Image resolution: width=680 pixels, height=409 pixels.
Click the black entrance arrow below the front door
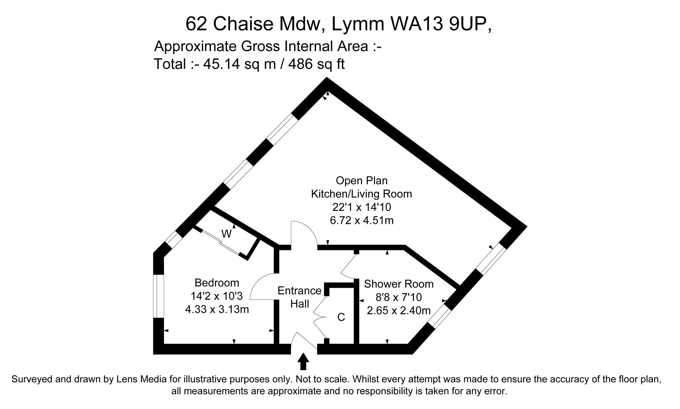303,361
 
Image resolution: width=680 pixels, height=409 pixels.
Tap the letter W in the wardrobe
226,234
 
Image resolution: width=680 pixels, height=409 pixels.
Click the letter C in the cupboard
341,317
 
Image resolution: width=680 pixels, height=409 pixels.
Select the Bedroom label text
217,283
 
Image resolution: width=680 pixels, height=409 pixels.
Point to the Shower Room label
399,284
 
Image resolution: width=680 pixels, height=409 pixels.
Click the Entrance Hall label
299,297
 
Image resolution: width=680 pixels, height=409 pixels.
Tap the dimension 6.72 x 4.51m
361,220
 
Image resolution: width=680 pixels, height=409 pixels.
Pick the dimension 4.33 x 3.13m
217,309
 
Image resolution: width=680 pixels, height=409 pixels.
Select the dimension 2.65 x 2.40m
399,311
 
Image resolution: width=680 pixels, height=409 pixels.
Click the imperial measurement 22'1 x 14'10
361,207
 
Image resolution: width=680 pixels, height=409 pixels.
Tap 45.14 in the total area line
221,64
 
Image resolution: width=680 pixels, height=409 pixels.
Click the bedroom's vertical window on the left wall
158,296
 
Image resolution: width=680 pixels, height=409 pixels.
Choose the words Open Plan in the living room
361,181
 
